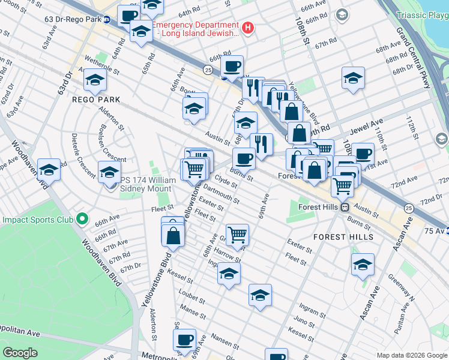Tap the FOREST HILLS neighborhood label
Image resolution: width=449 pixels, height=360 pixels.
pos(343,237)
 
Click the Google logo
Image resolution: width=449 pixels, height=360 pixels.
pos(20,353)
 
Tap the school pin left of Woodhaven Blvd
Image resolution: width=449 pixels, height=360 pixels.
pos(49,169)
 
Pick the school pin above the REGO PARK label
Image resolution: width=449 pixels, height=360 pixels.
pos(95,79)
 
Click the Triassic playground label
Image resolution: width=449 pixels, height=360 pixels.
pos(423,14)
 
